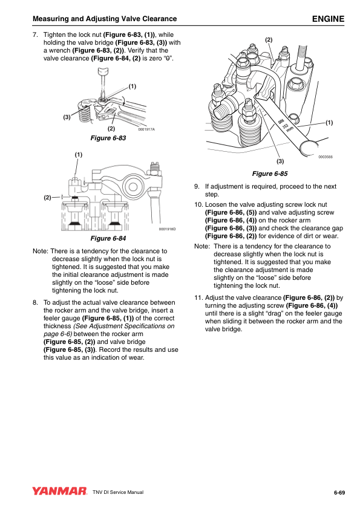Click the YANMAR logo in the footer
click(x=59, y=491)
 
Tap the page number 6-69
click(x=339, y=493)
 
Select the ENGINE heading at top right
click(x=328, y=19)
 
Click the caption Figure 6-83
click(x=108, y=138)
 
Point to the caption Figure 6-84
click(x=108, y=238)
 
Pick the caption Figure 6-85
click(x=270, y=173)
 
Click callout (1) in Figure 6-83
click(x=133, y=86)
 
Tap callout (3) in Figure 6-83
click(x=67, y=117)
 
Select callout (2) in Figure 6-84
click(x=47, y=197)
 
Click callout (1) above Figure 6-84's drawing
click(x=79, y=155)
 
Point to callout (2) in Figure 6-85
click(x=269, y=40)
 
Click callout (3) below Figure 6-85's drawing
click(x=280, y=161)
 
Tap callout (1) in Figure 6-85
click(x=329, y=123)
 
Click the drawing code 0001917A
click(x=146, y=129)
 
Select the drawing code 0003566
click(x=326, y=157)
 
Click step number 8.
click(x=35, y=302)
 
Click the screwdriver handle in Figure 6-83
click(x=103, y=71)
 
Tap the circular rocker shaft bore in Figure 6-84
click(x=133, y=187)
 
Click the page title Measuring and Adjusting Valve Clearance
click(x=105, y=19)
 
